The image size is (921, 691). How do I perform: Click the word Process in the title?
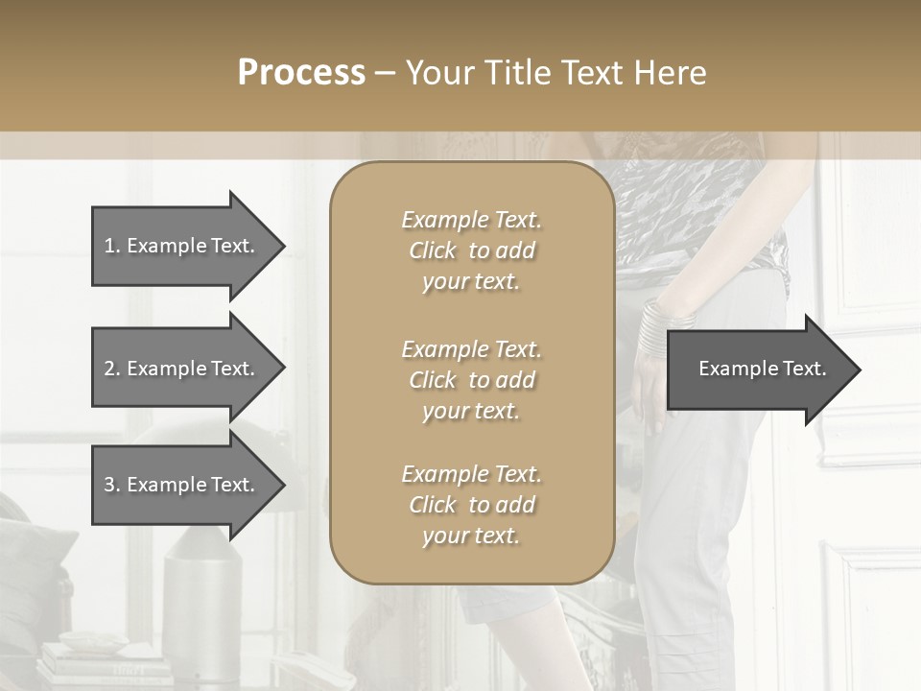301,73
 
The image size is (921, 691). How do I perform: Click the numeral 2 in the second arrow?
109,369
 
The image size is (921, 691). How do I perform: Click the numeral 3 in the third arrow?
109,485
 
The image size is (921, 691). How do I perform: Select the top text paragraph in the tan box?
471,250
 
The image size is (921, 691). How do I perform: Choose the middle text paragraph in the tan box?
471,380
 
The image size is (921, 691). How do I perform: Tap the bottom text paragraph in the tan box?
471,505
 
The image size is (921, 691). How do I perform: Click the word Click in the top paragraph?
433,250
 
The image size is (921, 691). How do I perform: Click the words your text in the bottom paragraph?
471,536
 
